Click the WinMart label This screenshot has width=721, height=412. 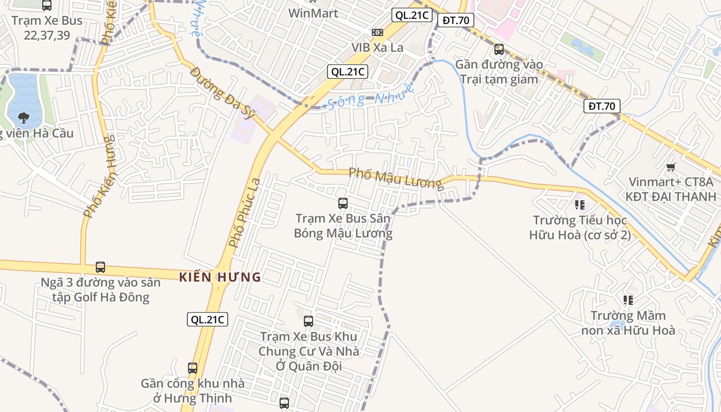[313, 13]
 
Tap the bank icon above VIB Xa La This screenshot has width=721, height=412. [377, 32]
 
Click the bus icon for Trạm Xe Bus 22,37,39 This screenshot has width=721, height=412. [47, 6]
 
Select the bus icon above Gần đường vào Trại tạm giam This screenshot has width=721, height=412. [499, 49]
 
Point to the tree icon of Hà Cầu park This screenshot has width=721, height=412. [23, 118]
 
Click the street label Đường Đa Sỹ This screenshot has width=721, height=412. [222, 93]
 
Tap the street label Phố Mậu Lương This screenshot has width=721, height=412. [395, 178]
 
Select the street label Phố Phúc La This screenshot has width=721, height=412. [245, 213]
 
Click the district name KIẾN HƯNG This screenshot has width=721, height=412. [220, 278]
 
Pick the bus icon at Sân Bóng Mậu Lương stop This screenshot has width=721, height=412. [343, 203]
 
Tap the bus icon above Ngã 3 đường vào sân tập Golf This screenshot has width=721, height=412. [100, 267]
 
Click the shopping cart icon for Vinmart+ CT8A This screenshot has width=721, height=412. [671, 167]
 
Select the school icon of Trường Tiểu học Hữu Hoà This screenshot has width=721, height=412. [580, 205]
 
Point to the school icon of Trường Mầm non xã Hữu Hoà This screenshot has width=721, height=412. [628, 300]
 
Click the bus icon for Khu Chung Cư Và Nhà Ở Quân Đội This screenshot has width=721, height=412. [308, 321]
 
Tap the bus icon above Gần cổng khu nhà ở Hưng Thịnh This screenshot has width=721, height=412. [193, 368]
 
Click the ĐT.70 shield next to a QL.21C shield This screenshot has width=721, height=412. [455, 20]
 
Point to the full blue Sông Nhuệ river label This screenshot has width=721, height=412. [371, 96]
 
